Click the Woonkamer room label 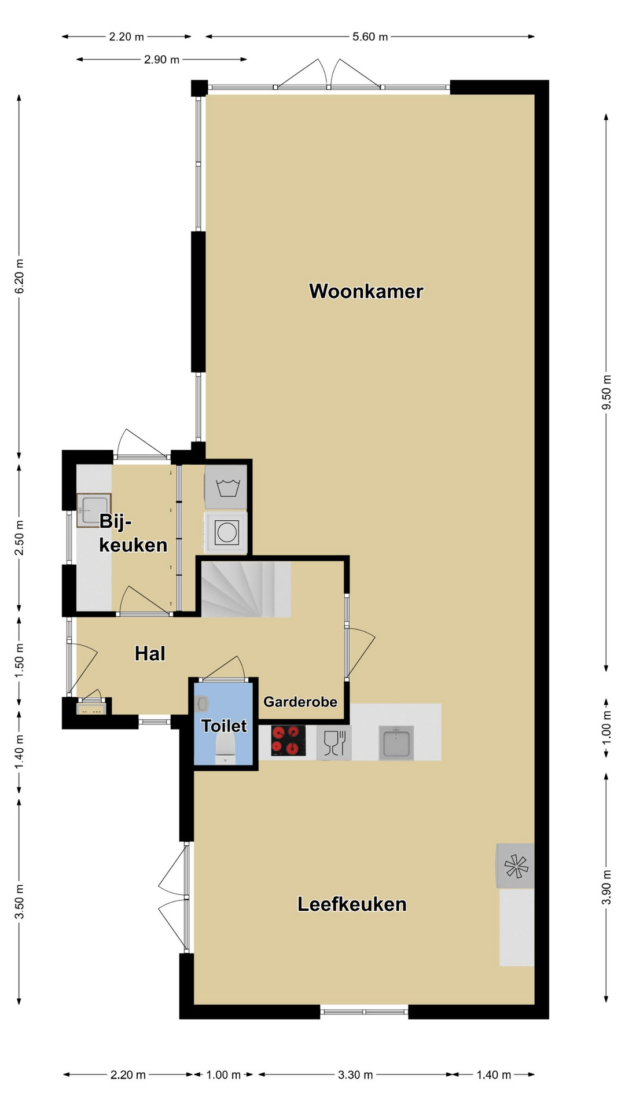[366, 291]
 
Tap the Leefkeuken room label [352, 904]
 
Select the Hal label [150, 653]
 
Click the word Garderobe [300, 702]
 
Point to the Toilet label [224, 726]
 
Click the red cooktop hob [288, 741]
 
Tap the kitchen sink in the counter [396, 742]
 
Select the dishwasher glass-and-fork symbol [334, 743]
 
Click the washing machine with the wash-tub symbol [226, 487]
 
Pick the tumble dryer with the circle [226, 532]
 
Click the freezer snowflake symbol [516, 866]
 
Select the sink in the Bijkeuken [94, 510]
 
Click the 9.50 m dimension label [606, 392]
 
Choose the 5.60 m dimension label [370, 37]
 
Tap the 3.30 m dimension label [355, 1075]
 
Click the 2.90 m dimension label [161, 60]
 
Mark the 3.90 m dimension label [606, 887]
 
